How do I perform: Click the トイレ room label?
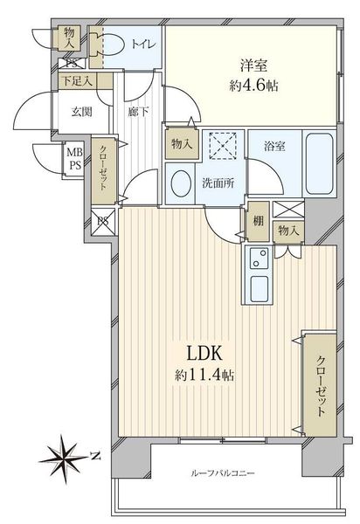(x=143, y=45)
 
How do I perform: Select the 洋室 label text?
(x=254, y=65)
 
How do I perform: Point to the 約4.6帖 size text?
(x=253, y=86)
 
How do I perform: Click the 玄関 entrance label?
(x=82, y=112)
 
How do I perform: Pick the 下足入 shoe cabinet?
(x=85, y=81)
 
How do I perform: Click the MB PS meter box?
(x=74, y=159)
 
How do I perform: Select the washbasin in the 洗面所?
(x=181, y=183)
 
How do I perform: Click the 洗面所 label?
(x=218, y=183)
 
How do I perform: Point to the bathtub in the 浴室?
(x=319, y=164)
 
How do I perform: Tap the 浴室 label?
(x=274, y=146)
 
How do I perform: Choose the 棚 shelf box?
(x=258, y=221)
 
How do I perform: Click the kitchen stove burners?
(x=259, y=258)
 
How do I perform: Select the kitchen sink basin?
(x=259, y=288)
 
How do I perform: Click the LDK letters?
(x=204, y=353)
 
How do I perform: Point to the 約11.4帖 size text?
(x=204, y=376)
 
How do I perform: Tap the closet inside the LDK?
(x=320, y=385)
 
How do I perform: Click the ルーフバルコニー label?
(x=223, y=473)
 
